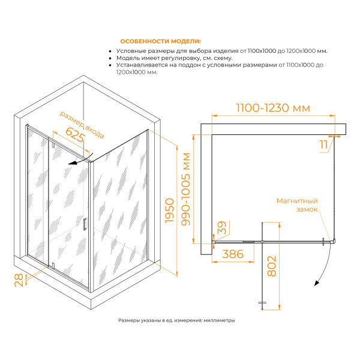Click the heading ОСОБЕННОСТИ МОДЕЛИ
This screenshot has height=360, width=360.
160,41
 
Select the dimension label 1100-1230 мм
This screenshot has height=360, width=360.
273,108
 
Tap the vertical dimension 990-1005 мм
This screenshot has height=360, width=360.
186,189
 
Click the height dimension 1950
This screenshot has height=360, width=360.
170,211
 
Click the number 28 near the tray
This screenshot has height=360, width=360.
19,280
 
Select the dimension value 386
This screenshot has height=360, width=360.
233,254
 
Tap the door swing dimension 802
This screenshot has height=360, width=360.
272,266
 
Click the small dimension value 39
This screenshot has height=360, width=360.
222,227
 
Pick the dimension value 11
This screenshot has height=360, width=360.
324,145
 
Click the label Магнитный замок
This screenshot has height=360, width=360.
297,205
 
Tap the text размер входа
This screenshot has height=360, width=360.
82,125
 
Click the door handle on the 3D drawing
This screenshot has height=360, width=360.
85,224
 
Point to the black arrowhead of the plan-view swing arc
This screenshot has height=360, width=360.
317,283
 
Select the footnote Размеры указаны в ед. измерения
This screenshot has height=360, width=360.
176,320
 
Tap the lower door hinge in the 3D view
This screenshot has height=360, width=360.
53,265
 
